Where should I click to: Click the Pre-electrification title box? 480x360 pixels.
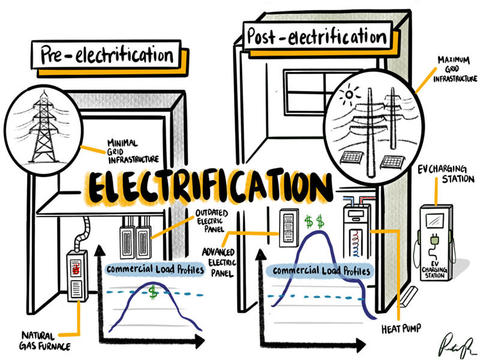pos(107,55)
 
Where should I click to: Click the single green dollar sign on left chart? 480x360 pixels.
pos(154,293)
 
